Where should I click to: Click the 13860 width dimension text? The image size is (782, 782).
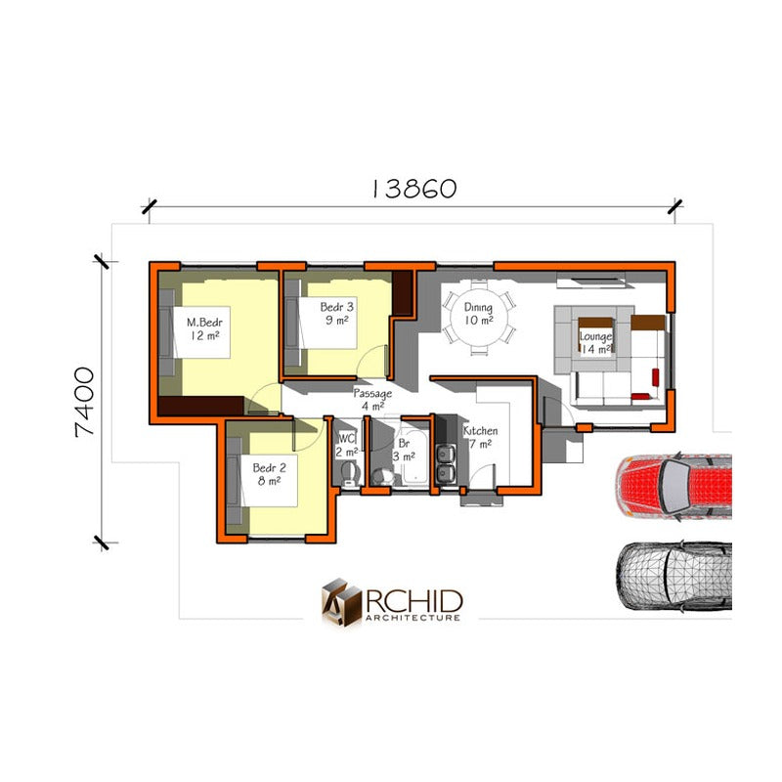tap(414, 189)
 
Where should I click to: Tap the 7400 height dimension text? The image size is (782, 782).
tap(84, 403)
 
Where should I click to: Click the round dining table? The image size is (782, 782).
tap(479, 317)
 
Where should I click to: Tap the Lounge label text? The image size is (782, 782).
tap(595, 336)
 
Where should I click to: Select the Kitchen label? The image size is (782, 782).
tap(480, 430)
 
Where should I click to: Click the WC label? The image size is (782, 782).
tap(347, 439)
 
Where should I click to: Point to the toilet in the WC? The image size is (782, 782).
tap(350, 473)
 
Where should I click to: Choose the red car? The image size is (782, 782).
tap(673, 487)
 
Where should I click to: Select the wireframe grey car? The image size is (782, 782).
tap(673, 576)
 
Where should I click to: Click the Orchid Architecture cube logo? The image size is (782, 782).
tap(341, 601)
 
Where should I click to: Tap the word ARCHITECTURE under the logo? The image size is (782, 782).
tap(413, 618)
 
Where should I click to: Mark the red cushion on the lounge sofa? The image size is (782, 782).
tap(655, 377)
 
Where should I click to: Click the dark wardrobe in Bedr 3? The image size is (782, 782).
tap(402, 292)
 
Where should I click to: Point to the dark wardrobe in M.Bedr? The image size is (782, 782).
tap(200, 406)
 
